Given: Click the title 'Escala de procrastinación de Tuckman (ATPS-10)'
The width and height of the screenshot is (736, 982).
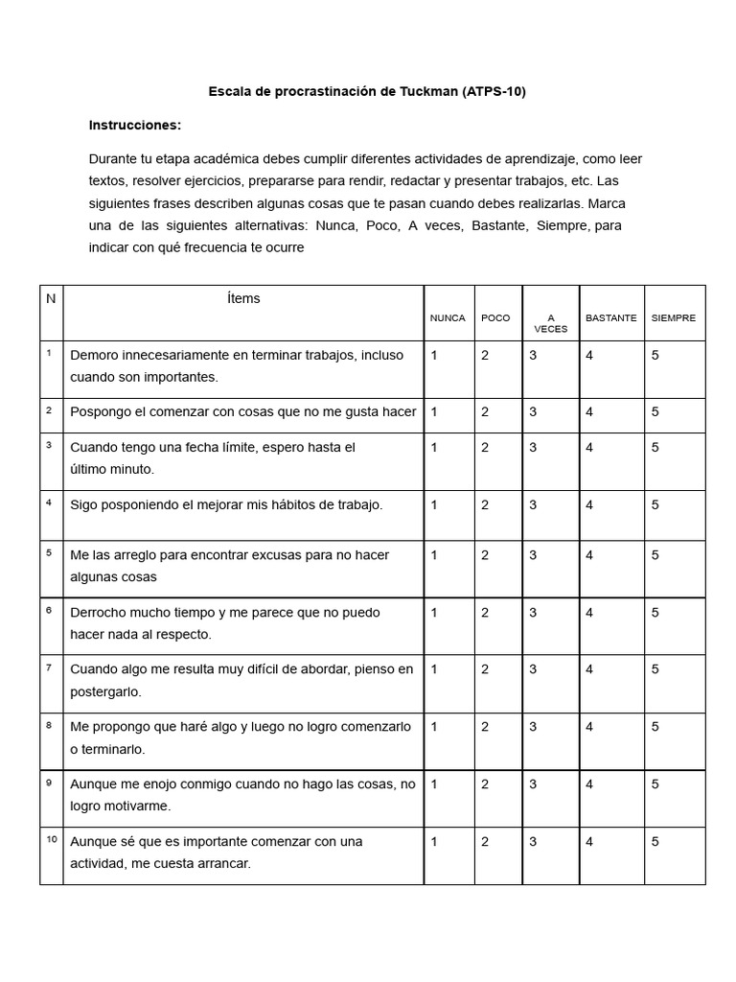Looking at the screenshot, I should pos(368,92).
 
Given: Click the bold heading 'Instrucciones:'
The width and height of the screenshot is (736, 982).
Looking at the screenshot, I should pos(135,125).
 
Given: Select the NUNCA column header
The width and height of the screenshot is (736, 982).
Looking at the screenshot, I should pos(448,317).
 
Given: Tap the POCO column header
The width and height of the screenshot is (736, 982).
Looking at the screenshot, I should pos(495,317).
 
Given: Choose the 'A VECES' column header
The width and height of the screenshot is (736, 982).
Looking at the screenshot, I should pos(550,322).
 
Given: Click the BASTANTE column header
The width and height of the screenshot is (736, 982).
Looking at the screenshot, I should pos(610,317).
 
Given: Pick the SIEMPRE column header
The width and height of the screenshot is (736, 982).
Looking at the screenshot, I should pos(674,317).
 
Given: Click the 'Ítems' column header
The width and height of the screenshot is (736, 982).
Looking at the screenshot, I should pos(243,298).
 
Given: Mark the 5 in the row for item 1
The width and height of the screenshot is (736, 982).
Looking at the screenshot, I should pos(655,355).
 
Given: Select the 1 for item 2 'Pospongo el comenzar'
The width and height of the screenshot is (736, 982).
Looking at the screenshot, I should pos(434,411).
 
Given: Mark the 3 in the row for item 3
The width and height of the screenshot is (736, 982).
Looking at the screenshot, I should pos(533,447).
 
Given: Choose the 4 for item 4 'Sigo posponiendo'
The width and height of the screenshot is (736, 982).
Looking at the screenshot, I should pos(589,504).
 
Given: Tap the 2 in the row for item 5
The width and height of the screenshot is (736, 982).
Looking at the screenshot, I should pos(485,554).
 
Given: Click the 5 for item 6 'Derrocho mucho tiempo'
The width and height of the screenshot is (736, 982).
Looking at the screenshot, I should pos(655,612).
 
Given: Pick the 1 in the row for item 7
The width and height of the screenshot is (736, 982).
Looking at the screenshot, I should pos(434,669).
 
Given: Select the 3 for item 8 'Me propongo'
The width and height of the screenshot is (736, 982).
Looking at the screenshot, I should pos(533,727).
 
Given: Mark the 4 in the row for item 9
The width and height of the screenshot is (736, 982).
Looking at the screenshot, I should pos(589,783).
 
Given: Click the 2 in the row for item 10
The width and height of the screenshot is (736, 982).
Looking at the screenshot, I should pos(485,841).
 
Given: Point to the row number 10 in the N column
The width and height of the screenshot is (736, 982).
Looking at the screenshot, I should pos(51,840).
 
